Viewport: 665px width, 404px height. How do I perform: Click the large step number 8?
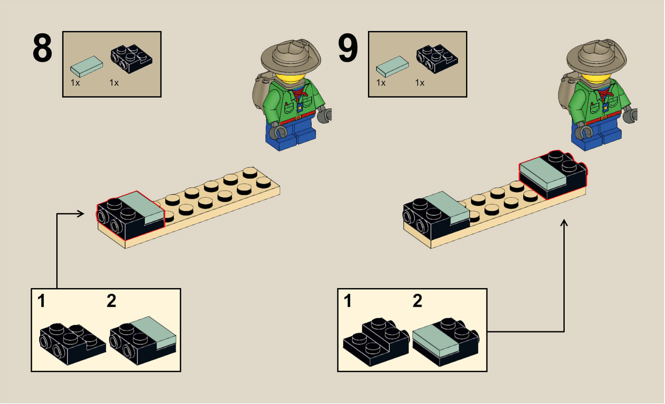42,48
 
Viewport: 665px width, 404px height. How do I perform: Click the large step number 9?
348,48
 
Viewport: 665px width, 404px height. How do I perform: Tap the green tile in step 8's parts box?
87,66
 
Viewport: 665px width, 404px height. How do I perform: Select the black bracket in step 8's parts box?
131,59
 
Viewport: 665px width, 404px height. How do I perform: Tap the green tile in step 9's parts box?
392,66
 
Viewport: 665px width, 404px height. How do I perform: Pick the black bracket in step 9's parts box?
437,59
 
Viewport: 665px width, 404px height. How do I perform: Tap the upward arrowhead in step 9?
564,223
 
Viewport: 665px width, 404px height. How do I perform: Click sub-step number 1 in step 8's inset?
42,301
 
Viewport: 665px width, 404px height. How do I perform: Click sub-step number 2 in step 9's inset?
417,301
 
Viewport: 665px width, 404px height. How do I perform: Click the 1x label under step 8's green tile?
75,83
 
